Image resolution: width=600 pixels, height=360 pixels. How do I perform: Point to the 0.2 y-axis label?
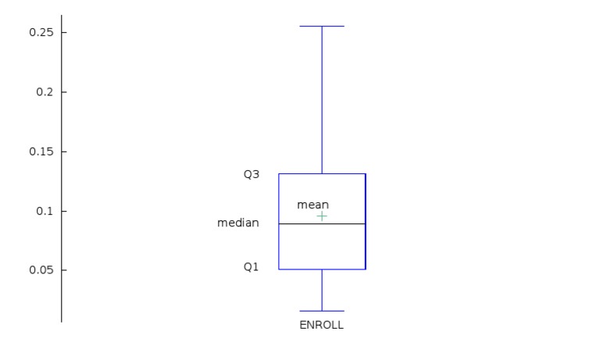(45, 92)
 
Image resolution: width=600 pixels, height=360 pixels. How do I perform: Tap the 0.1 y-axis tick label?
(45, 211)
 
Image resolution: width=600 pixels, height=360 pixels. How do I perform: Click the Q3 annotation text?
(251, 175)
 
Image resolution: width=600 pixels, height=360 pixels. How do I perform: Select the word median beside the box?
(237, 223)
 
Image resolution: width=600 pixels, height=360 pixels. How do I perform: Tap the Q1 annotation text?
(251, 267)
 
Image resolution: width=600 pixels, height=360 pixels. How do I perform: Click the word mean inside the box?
(312, 205)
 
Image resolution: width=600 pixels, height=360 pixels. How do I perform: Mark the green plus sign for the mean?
(322, 216)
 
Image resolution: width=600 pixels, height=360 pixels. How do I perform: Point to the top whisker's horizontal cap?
(322, 27)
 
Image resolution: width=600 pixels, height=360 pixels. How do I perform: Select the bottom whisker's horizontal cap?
(322, 311)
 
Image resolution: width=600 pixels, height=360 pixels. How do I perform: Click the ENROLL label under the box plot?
(321, 325)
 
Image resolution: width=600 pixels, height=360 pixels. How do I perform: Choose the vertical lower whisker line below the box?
(322, 290)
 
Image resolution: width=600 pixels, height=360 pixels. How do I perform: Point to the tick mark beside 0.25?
(63, 33)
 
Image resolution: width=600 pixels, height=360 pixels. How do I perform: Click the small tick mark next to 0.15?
(63, 151)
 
